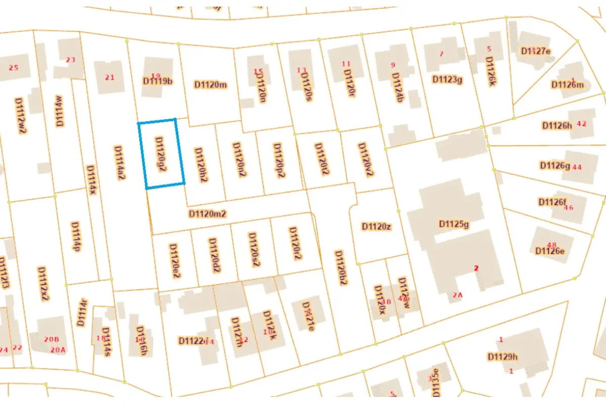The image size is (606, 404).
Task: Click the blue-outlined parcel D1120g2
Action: [x=161, y=154]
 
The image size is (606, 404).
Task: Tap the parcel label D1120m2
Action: [x=207, y=214]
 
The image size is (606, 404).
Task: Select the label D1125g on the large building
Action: [x=454, y=224]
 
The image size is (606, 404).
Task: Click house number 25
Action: [x=14, y=68]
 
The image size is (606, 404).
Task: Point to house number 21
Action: [x=110, y=77]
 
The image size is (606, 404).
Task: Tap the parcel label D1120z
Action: [x=376, y=226]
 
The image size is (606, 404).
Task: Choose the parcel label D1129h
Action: [x=502, y=357]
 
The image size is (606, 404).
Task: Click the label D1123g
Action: [x=447, y=79]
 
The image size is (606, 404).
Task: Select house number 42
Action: [x=582, y=124]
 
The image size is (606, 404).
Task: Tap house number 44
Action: [x=577, y=167]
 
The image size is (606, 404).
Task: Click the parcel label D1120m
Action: [x=211, y=84]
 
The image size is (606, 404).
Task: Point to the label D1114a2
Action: [x=119, y=163]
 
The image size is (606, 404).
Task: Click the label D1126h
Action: [x=557, y=125]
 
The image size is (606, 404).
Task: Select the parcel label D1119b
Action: [x=158, y=80]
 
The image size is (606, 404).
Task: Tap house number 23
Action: [x=70, y=60]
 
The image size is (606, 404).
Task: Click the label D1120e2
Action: [x=175, y=261]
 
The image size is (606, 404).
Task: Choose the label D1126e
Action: [x=550, y=251]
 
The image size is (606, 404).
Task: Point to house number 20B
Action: [x=53, y=339]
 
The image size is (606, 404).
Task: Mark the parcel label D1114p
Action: [x=76, y=236]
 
